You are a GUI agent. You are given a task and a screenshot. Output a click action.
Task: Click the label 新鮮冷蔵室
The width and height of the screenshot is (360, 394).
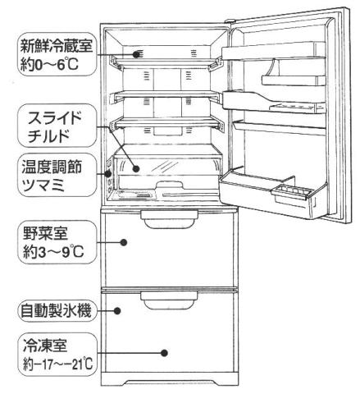click(57, 46)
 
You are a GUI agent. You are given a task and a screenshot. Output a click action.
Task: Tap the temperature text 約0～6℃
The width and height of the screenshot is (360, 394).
click(49, 65)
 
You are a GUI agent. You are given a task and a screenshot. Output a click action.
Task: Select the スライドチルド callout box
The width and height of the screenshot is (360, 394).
click(57, 126)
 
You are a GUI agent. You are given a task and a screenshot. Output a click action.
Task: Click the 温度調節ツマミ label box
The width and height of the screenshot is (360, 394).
click(57, 175)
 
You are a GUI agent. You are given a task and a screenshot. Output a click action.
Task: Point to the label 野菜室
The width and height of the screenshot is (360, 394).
click(45, 234)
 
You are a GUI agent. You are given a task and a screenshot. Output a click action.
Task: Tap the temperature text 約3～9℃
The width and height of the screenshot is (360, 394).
click(53, 252)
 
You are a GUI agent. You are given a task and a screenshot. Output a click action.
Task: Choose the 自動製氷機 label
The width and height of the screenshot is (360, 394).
click(57, 311)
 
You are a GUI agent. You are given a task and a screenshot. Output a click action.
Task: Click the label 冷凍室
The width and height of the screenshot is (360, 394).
click(45, 346)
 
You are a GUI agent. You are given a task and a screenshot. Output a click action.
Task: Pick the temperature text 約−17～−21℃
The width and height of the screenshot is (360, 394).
click(58, 364)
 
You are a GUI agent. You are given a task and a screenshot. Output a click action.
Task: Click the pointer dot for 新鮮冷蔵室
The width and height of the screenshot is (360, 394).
click(136, 54)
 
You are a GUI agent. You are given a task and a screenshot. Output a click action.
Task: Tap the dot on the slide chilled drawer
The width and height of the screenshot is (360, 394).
click(136, 169)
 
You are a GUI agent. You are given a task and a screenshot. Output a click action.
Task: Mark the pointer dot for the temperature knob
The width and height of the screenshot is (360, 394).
click(108, 173)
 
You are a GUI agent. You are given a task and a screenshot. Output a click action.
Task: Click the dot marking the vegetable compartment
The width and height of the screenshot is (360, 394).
click(124, 242)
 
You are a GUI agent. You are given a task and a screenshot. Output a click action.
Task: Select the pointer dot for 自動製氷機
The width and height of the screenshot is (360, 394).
click(117, 310)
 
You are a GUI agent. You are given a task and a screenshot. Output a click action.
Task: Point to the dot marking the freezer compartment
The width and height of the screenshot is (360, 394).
click(164, 353)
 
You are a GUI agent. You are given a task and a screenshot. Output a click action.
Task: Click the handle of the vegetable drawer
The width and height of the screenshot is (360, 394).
click(169, 219)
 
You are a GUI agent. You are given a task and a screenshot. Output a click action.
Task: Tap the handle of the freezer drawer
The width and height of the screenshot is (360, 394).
click(169, 300)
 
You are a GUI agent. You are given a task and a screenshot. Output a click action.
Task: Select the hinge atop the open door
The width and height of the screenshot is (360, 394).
click(230, 21)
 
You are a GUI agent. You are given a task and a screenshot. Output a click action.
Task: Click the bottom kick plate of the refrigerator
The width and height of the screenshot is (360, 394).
click(170, 382)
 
